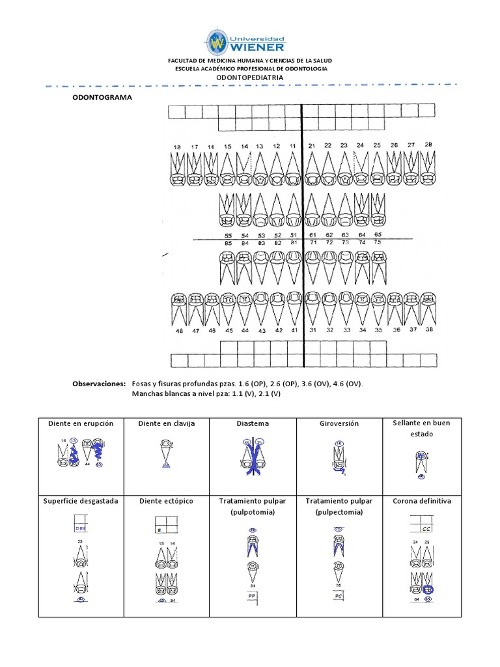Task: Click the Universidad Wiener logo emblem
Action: point(217,42)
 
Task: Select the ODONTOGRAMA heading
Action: point(102,97)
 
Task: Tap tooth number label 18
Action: point(176,147)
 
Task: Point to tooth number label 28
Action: point(428,145)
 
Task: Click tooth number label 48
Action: point(178,331)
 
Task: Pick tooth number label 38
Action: point(428,330)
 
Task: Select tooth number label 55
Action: point(228,234)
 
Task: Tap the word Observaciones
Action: point(98,384)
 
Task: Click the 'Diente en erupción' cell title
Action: point(81,423)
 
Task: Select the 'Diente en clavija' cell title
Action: point(167,423)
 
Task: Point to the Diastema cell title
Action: point(253,423)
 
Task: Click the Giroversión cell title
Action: point(339,423)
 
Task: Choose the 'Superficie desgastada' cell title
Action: point(81,501)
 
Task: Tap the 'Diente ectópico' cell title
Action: point(167,501)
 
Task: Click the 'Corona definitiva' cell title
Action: point(422,501)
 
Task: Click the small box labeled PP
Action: point(251,595)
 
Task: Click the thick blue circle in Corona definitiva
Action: point(428,589)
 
